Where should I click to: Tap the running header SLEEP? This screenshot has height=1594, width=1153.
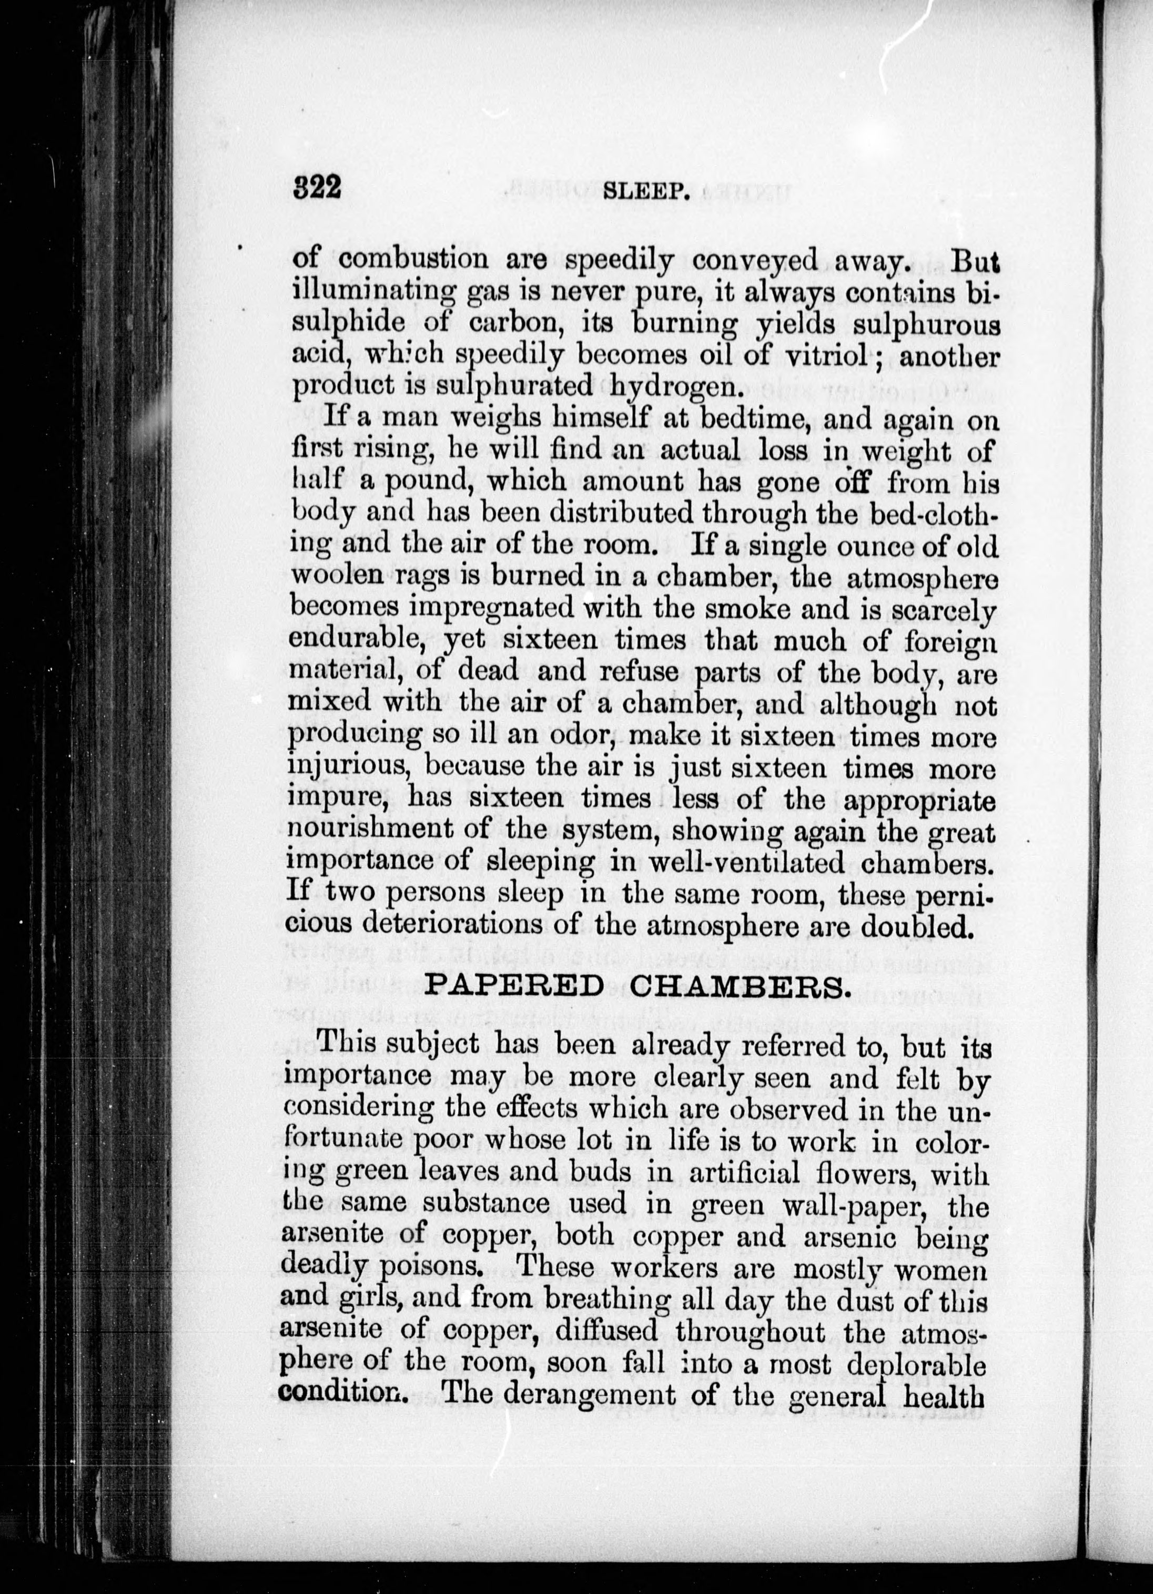coord(645,191)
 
